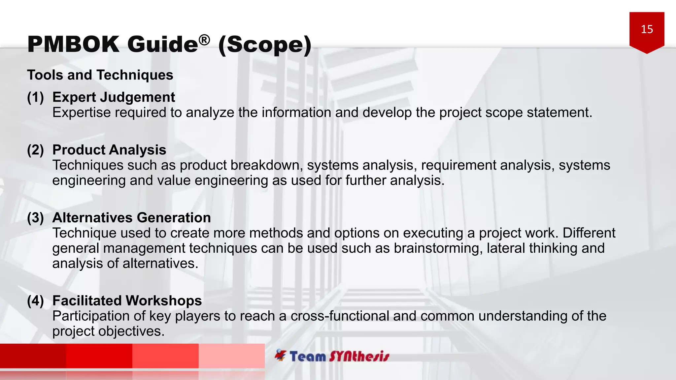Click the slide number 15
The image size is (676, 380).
pyautogui.click(x=647, y=29)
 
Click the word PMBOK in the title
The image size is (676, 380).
pyautogui.click(x=73, y=44)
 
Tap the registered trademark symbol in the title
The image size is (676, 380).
pyautogui.click(x=204, y=40)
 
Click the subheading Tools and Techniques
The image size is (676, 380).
pyautogui.click(x=100, y=75)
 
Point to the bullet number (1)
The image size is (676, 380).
pyautogui.click(x=35, y=97)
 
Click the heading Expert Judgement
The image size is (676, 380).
pyautogui.click(x=114, y=97)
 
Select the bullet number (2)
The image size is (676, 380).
pyautogui.click(x=35, y=150)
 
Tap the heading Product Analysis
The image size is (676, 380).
pyautogui.click(x=109, y=150)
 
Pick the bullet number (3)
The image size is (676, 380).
pyautogui.click(x=35, y=218)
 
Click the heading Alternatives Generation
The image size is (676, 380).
pyautogui.click(x=131, y=218)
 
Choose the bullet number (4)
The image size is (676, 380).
pyautogui.click(x=35, y=301)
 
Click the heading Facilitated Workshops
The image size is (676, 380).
pyautogui.click(x=127, y=301)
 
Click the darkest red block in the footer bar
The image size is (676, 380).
pyautogui.click(x=33, y=356)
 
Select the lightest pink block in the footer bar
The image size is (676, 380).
pyautogui.click(x=232, y=356)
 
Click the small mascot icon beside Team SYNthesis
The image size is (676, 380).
pyautogui.click(x=281, y=355)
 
